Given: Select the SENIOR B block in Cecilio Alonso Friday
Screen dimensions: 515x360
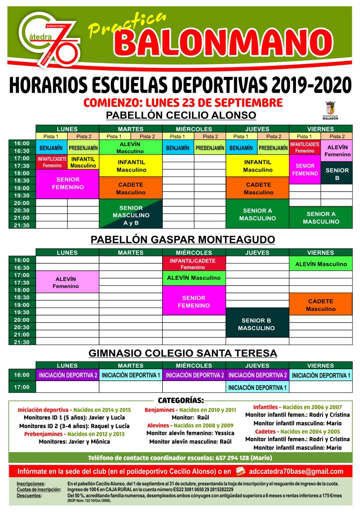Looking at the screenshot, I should point(337,173).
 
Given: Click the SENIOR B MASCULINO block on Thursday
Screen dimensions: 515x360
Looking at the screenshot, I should point(256,324).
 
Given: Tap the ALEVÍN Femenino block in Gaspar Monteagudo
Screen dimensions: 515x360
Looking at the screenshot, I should point(66,282).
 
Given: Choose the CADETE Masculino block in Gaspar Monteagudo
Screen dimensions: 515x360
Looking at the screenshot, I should point(320,305).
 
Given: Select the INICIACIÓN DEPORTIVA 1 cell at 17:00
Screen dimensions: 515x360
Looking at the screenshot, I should point(257,388).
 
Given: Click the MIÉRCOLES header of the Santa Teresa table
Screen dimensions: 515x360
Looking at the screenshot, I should point(194,366).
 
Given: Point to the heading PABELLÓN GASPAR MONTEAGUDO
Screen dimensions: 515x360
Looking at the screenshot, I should point(183,239).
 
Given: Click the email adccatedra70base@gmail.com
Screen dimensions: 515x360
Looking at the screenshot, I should point(296,472).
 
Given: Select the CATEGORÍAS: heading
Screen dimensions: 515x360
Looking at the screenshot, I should point(181,400).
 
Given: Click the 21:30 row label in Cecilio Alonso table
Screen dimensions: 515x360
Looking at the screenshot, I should point(22,225).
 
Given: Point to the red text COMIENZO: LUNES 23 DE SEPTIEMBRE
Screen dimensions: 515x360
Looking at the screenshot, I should point(183,103).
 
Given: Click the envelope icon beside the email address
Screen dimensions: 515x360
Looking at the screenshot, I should point(240,471).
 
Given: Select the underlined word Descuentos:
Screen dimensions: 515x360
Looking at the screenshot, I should point(29,495).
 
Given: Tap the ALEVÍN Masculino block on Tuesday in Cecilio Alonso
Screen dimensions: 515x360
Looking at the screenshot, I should point(130,147).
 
